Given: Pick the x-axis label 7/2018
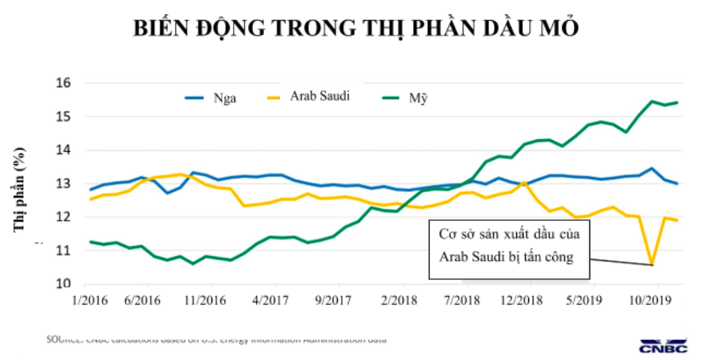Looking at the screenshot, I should [x=461, y=300].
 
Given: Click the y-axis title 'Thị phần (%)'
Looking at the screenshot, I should [x=18, y=190].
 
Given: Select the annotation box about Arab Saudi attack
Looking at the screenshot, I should [x=510, y=246].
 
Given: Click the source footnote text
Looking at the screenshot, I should [x=216, y=339].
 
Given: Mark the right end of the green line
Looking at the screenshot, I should [x=677, y=102].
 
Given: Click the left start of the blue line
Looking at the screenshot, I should [x=90, y=190].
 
